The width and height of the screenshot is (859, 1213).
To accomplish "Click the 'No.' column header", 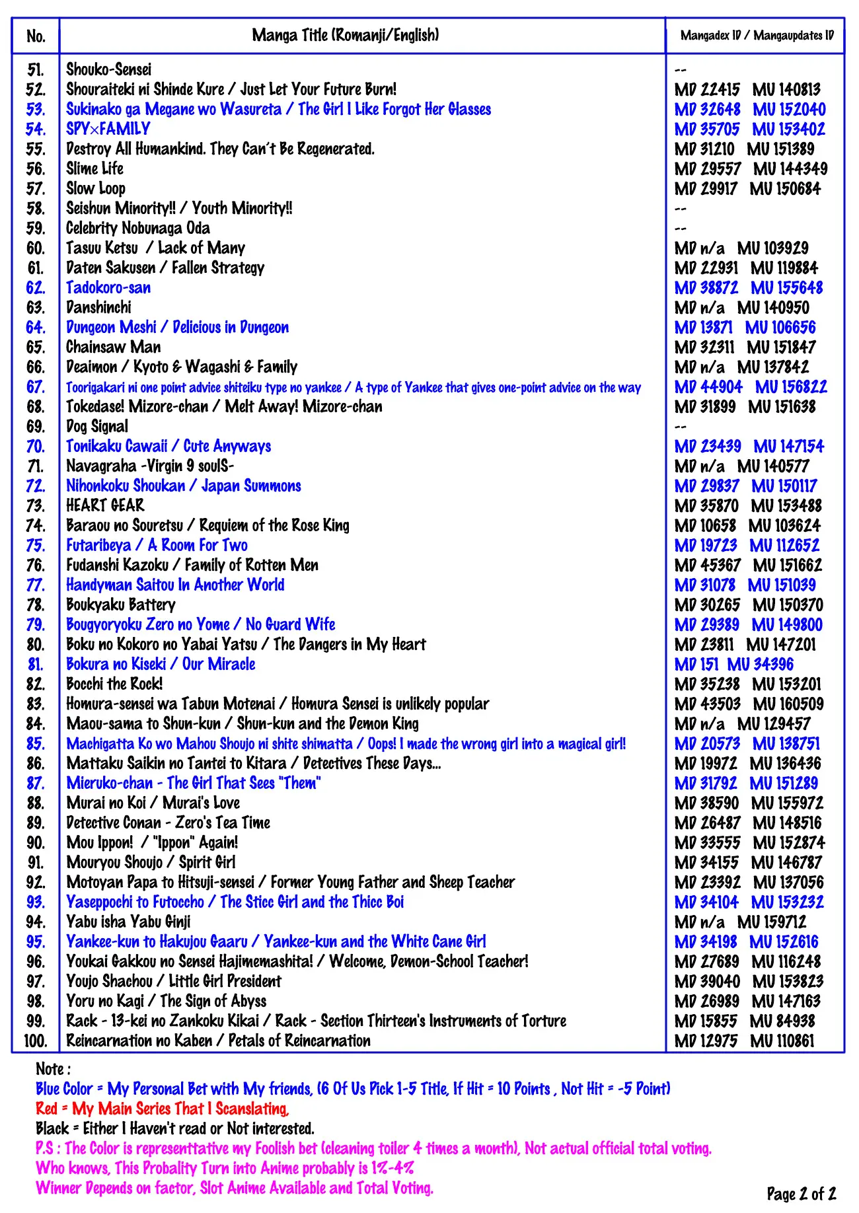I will pos(36,36).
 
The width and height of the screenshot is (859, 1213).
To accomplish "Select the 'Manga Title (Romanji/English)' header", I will pos(345,35).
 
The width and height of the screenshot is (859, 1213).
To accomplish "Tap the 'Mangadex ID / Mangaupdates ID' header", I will pos(757,36).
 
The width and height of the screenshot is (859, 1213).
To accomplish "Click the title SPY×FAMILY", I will pos(108,129).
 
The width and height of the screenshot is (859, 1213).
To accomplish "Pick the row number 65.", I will pos(36,348).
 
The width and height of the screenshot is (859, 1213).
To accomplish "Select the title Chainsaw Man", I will pos(113,347).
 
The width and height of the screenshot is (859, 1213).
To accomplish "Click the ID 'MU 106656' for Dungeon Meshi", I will pos(780,328).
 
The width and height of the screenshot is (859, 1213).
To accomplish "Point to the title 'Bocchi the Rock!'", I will pos(114,684).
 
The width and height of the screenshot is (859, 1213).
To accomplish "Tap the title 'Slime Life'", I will pos(94,168).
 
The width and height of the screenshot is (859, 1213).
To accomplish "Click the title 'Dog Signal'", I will pos(97,426).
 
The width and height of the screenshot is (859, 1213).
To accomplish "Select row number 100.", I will pos(36,1041).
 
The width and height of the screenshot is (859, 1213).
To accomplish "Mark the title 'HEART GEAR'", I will pos(105,505).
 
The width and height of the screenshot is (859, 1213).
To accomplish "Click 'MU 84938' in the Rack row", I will pos(782,1021).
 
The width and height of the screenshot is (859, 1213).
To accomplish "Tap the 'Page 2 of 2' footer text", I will pos(801,1193).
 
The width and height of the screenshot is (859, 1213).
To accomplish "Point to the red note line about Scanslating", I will pos(162,1109).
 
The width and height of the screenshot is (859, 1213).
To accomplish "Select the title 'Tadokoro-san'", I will pos(108,288).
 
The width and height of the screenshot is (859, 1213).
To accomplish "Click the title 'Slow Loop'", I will pos(96,188).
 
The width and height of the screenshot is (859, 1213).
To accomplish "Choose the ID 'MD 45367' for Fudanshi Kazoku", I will pos(707,566).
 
